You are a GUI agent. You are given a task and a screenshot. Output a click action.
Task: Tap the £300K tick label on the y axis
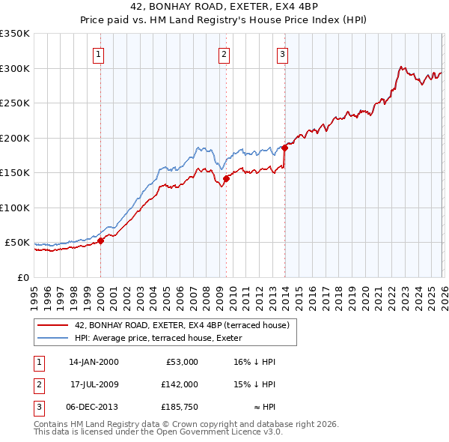15,68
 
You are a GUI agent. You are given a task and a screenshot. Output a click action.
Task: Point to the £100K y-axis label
15,208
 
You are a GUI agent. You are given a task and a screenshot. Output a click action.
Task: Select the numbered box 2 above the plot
224,53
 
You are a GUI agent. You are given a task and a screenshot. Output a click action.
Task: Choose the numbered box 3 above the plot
282,53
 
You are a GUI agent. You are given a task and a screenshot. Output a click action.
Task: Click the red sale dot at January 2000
100,240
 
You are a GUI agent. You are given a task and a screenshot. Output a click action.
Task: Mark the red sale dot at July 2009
226,178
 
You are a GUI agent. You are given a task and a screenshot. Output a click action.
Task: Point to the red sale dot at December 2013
284,148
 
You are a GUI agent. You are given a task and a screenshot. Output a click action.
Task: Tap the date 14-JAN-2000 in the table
94,362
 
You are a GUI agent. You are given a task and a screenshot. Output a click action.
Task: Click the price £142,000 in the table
179,384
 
